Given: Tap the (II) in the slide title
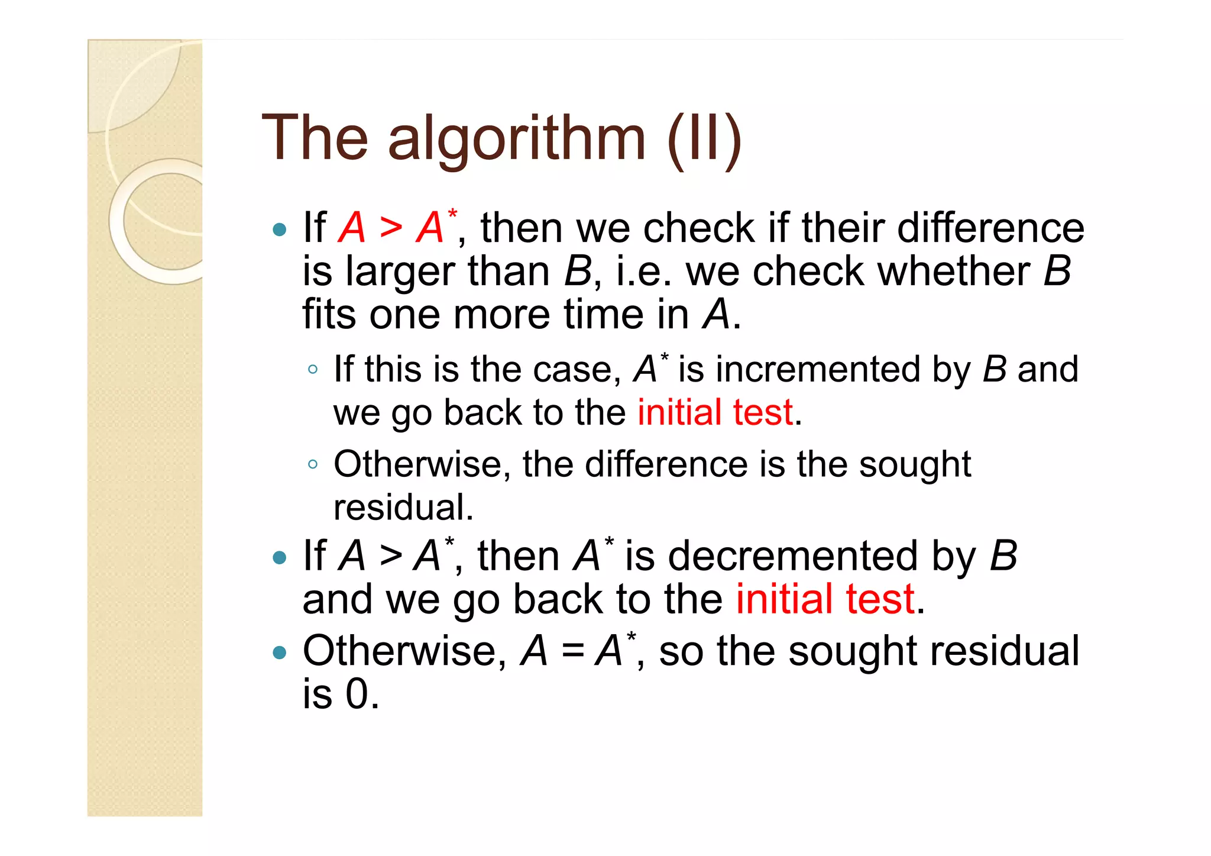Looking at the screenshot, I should (704, 140).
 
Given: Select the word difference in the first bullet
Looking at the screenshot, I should (990, 228).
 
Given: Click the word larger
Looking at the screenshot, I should (400, 272).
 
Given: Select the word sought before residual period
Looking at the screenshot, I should (915, 464).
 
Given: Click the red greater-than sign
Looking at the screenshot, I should (391, 228).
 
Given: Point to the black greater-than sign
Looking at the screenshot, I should (391, 557).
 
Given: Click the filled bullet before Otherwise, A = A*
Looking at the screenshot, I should (280, 653).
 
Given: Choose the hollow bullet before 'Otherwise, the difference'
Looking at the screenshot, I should (313, 465).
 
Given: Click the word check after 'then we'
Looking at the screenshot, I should (698, 228).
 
